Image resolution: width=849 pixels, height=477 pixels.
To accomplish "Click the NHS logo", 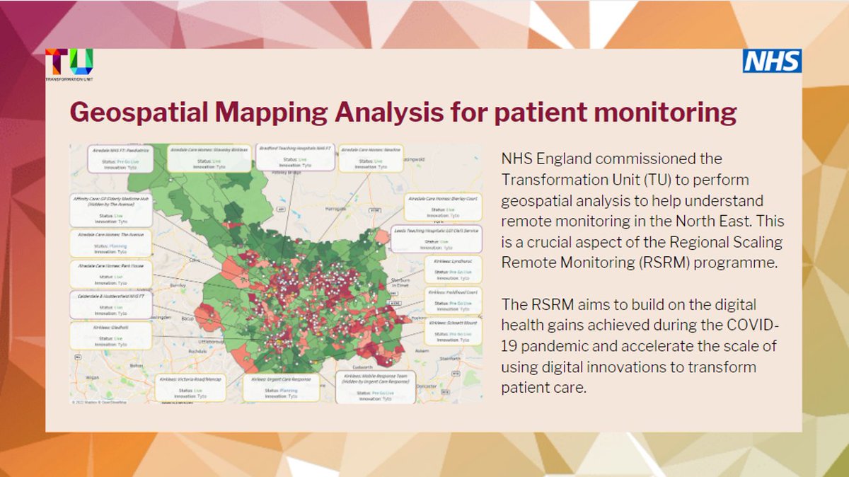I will (772, 61).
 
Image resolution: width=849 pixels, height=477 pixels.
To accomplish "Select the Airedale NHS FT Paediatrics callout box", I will (117, 159).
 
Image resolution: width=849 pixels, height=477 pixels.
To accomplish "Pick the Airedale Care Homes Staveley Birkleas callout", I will (210, 157).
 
